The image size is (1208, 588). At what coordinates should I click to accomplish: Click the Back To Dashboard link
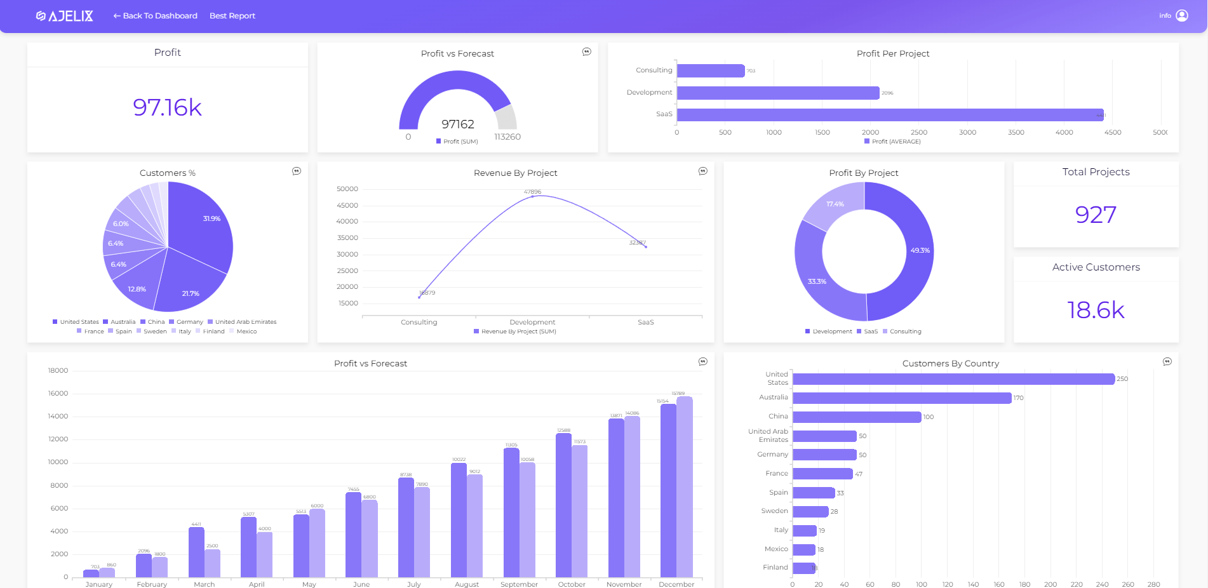point(155,16)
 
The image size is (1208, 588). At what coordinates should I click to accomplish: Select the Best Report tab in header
point(232,16)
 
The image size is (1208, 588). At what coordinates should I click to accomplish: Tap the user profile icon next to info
point(1181,16)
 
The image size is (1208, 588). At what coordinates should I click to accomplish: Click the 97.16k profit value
point(167,107)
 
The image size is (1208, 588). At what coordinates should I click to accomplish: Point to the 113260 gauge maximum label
point(507,137)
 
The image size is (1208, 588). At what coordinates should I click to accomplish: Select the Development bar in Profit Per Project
point(777,93)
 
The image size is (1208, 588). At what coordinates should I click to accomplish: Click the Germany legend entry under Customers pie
point(186,322)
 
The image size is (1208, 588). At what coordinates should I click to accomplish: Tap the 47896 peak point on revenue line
point(532,197)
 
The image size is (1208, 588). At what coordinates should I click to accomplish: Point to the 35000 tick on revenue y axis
point(347,238)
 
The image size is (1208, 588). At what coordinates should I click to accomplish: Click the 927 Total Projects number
point(1095,215)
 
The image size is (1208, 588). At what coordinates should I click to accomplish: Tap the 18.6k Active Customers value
point(1095,310)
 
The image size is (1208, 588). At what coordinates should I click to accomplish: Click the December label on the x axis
point(676,584)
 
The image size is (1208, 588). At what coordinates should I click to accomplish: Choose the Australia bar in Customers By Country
point(901,398)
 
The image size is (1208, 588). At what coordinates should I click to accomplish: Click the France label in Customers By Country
point(776,474)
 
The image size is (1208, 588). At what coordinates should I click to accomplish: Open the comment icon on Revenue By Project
point(702,171)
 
